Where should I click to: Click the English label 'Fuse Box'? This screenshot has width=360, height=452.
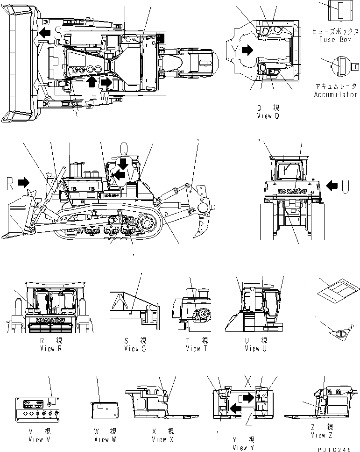[335, 39]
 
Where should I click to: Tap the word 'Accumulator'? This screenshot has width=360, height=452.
[336, 95]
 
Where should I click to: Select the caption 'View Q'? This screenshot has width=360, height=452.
[268, 115]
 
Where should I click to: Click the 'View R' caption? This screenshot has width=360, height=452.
[51, 348]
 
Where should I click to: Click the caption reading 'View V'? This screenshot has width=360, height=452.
[36, 439]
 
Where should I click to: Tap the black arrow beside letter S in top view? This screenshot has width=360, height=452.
[45, 32]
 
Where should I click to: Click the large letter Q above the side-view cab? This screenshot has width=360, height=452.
[124, 149]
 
